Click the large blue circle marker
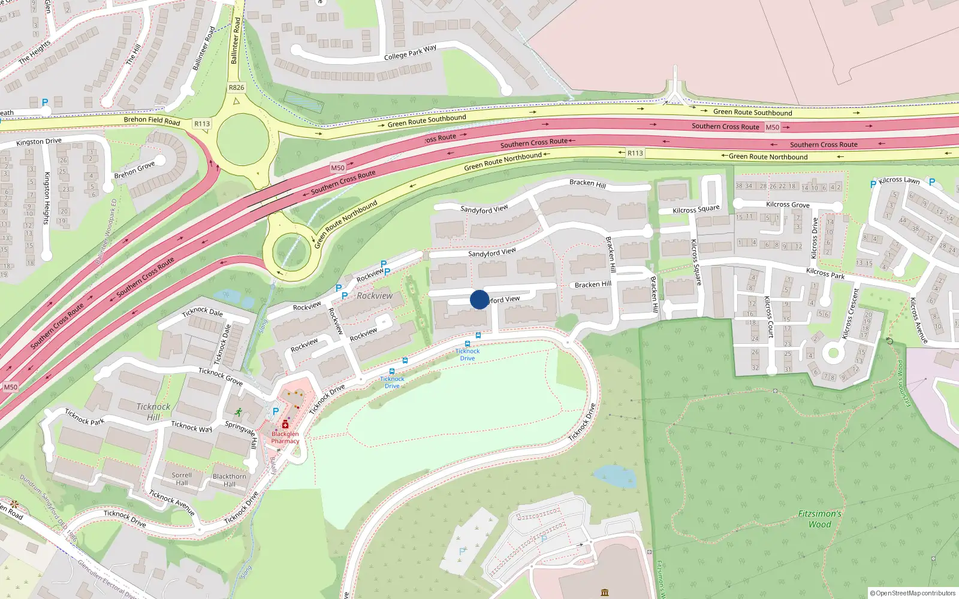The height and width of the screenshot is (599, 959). tap(479, 299)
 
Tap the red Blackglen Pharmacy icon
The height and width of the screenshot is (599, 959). tap(285, 425)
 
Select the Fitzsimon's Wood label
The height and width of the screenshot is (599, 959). tap(820, 519)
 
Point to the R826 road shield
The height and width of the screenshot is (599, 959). tap(237, 87)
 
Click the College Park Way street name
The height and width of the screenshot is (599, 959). tap(410, 53)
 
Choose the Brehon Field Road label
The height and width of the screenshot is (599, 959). tap(152, 120)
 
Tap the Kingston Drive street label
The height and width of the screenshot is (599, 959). tap(39, 142)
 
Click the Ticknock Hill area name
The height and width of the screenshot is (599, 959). tap(153, 412)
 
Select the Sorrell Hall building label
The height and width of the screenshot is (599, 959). tap(182, 479)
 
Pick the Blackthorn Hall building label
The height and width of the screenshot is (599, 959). tap(230, 480)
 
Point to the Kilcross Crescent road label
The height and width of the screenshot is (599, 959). tap(851, 314)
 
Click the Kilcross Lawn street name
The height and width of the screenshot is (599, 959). tap(899, 180)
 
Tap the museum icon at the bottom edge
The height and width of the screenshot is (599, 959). tap(605, 592)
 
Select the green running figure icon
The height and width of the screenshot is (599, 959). tap(239, 412)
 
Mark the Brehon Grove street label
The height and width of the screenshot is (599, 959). tap(135, 170)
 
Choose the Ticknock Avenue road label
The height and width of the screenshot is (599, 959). tap(172, 503)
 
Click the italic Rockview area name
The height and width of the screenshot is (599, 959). tap(375, 296)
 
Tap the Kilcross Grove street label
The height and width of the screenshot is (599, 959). tap(788, 205)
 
